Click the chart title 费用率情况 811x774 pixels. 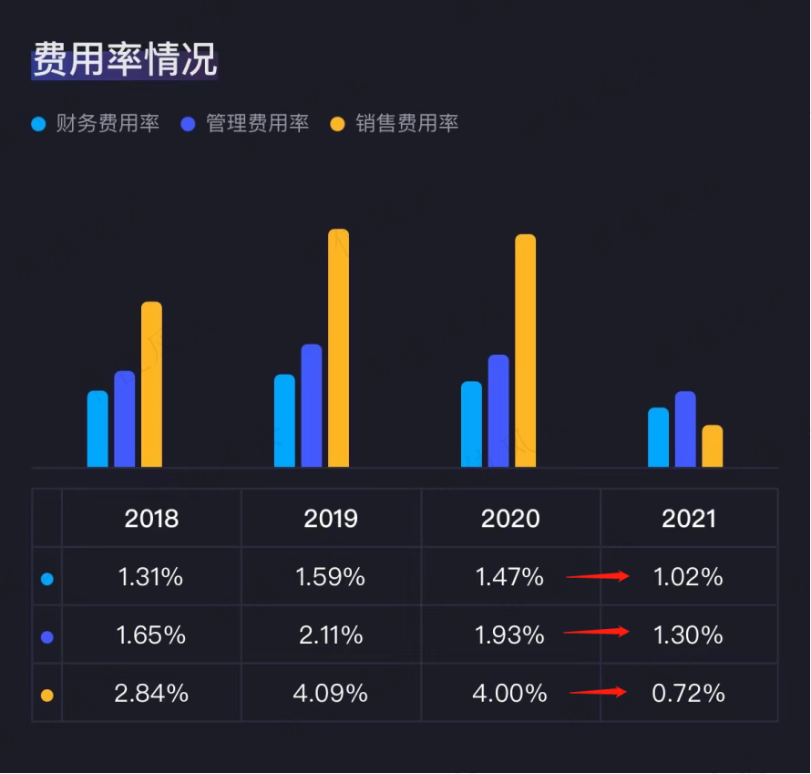tap(125, 60)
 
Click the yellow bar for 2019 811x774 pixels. tap(338, 348)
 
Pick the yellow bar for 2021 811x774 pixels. tap(712, 447)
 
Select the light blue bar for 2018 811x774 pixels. tap(98, 429)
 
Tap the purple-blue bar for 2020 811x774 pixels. tap(498, 411)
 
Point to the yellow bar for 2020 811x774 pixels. tap(525, 351)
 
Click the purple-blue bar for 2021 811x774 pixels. tap(685, 429)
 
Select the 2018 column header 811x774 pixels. tap(151, 519)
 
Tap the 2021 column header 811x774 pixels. tap(689, 519)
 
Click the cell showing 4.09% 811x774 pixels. tap(331, 694)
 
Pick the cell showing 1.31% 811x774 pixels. tap(151, 577)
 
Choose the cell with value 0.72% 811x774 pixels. tap(689, 694)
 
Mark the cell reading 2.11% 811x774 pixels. tap(331, 635)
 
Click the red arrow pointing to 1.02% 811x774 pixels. tap(598, 576)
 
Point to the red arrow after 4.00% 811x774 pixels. tap(599, 692)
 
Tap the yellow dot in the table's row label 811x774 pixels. tap(47, 696)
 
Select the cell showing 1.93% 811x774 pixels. tap(509, 635)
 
